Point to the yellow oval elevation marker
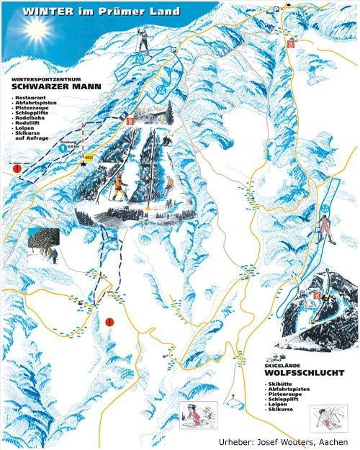89,156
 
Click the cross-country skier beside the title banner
144,42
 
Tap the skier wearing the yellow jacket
117,189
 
